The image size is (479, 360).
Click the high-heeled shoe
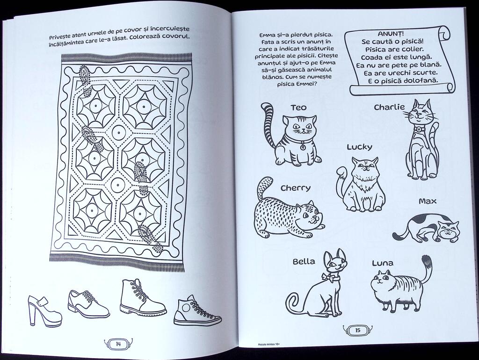click(43, 311)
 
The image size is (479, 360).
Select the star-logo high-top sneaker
click(197, 311)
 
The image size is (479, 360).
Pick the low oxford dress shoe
click(88, 303)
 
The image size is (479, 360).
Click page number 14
click(118, 344)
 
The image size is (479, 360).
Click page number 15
click(358, 330)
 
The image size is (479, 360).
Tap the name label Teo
click(298, 108)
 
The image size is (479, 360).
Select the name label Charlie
click(389, 107)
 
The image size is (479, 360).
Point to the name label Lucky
click(360, 147)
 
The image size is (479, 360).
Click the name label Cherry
click(296, 188)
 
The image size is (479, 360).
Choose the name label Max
click(428, 201)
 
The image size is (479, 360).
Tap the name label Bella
click(304, 262)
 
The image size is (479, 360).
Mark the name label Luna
click(383, 263)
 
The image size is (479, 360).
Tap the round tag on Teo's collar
click(302, 147)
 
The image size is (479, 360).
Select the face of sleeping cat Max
click(449, 230)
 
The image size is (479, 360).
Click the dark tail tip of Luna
click(427, 262)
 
